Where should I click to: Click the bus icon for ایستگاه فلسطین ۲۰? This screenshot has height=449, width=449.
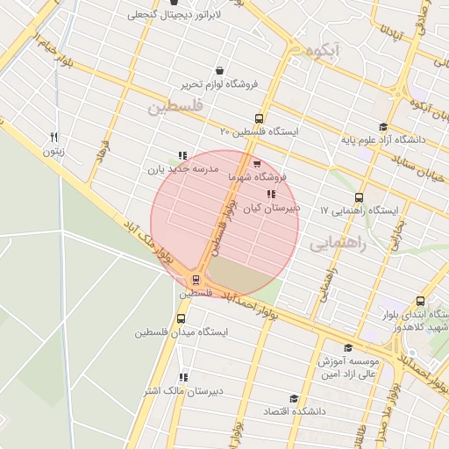coord(259,118)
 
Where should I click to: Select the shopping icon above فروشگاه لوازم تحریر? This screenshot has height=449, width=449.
coord(218,71)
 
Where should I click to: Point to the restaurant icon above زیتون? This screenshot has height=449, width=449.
coord(54,137)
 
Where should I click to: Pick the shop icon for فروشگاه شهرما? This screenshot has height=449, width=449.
coord(256,163)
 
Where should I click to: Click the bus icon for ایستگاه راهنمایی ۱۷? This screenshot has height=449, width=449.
coord(359,198)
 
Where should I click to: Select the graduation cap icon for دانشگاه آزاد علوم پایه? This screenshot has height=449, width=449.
coord(382,128)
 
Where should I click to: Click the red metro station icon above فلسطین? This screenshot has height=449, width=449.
coord(195,280)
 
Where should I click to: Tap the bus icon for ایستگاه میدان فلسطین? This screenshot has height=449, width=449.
coord(182,319)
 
